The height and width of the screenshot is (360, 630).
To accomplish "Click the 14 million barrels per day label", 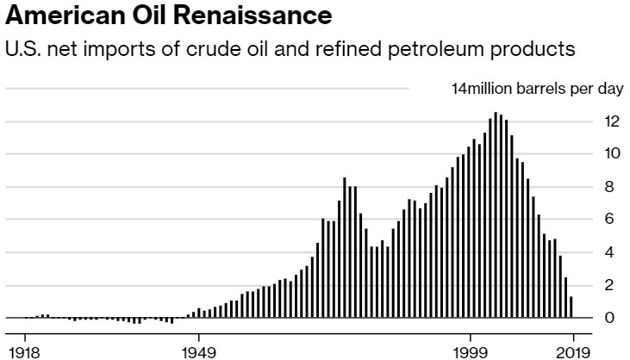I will point(526,89).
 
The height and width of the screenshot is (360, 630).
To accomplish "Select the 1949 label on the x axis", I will point(198,351).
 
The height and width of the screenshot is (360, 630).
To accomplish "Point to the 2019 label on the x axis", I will point(571,351).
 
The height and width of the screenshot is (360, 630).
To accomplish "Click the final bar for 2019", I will point(571,307).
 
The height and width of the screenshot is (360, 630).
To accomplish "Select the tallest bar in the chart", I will point(495,215).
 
